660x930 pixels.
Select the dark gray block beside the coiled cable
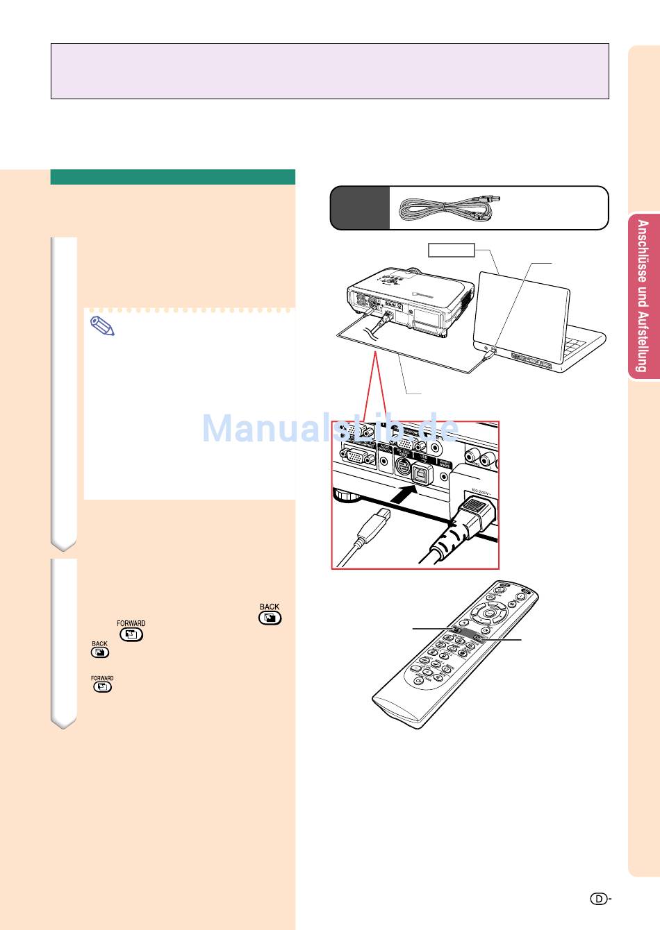(359, 208)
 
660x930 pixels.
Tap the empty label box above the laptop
(451, 250)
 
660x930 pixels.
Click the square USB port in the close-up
(420, 474)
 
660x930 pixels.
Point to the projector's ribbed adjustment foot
(347, 495)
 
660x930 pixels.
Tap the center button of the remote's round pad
(490, 614)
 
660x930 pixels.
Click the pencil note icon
(102, 326)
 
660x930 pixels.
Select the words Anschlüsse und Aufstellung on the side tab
(643, 296)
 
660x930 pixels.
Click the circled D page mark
(599, 899)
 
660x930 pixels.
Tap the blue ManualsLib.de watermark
(330, 429)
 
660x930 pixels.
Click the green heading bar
(172, 177)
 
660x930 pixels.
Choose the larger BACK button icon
(270, 617)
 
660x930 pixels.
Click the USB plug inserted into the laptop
(490, 355)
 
